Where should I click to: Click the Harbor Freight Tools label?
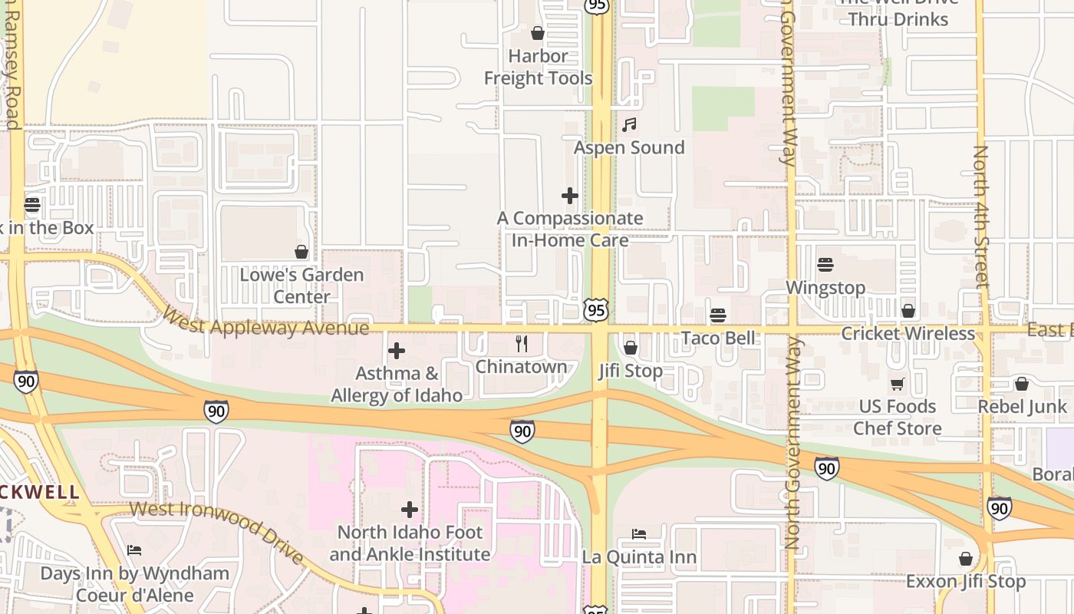(x=538, y=68)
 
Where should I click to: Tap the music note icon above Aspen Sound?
(x=629, y=124)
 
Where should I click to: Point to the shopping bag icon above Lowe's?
(x=301, y=252)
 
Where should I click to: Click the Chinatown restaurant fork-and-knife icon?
(x=522, y=343)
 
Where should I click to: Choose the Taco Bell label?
(x=718, y=338)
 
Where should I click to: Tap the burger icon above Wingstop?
(x=825, y=265)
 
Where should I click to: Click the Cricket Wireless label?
(x=908, y=334)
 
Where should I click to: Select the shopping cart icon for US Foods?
(x=897, y=383)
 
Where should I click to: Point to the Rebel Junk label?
(x=1022, y=407)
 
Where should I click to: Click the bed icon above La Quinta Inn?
(x=639, y=533)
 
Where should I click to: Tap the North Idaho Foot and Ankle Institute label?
(x=410, y=543)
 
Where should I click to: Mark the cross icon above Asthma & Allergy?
(x=397, y=351)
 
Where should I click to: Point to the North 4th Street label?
(x=980, y=216)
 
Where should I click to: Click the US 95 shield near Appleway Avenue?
(x=596, y=310)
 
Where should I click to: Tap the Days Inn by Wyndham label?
(x=134, y=584)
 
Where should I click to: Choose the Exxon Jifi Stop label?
(x=966, y=582)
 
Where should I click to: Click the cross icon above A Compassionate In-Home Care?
(x=570, y=196)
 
